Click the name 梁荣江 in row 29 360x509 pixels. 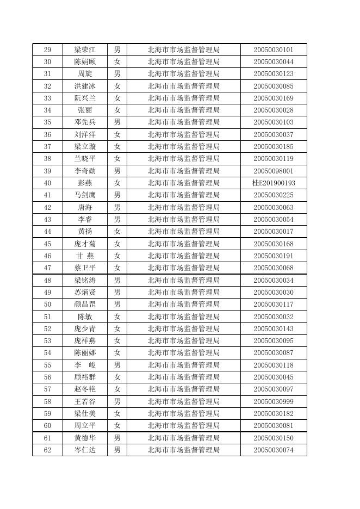(x=85, y=49)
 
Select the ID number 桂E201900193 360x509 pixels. (x=274, y=183)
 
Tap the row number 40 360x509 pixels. (x=47, y=183)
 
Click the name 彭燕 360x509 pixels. (x=85, y=183)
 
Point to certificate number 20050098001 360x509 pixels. (x=274, y=171)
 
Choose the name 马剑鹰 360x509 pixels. (x=85, y=195)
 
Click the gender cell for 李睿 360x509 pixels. (x=117, y=220)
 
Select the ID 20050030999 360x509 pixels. (x=274, y=401)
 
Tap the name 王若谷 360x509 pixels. (x=85, y=401)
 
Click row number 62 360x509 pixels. (x=47, y=450)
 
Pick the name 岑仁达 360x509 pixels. (x=85, y=450)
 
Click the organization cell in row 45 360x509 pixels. (x=183, y=244)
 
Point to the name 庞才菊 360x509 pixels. (x=85, y=244)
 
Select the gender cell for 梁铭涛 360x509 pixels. (x=117, y=280)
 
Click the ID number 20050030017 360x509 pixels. (x=274, y=232)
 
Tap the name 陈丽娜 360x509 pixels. (x=85, y=353)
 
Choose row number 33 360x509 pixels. (x=47, y=98)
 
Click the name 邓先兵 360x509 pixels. (x=85, y=122)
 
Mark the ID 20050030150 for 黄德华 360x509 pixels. (x=274, y=438)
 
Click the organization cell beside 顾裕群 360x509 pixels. (x=183, y=377)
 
